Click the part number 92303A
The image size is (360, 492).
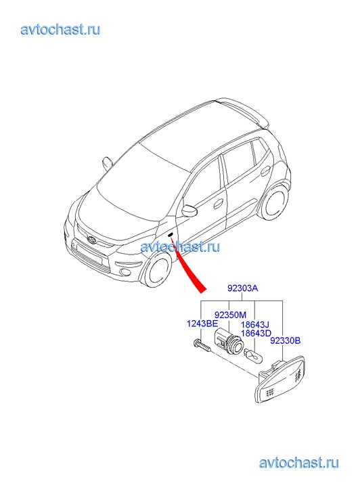click(x=243, y=288)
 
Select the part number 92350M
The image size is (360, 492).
click(x=230, y=315)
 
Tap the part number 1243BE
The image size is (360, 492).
click(x=202, y=323)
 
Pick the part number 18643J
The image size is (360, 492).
click(x=254, y=325)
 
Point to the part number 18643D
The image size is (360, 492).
click(x=256, y=333)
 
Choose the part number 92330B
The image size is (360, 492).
click(x=286, y=340)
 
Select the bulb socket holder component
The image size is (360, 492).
click(x=227, y=342)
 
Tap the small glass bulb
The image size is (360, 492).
click(x=253, y=357)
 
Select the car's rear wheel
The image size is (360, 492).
click(x=274, y=203)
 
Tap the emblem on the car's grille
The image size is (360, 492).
click(x=92, y=239)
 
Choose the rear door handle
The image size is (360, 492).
click(x=265, y=171)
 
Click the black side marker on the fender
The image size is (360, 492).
click(x=171, y=235)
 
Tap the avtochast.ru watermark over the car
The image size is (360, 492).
click(x=180, y=246)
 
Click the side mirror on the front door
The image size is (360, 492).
click(x=189, y=211)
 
